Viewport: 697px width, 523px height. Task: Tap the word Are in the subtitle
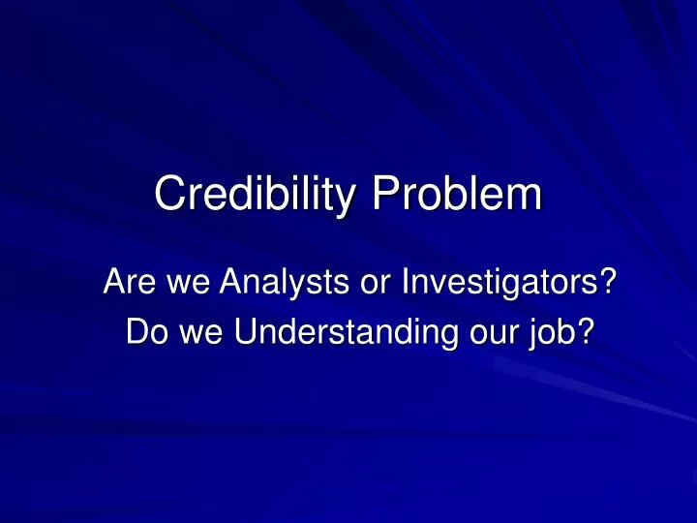[125, 286]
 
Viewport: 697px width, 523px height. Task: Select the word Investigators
[498, 286]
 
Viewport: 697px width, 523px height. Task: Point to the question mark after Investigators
[608, 286]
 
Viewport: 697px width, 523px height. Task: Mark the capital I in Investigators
[408, 286]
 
